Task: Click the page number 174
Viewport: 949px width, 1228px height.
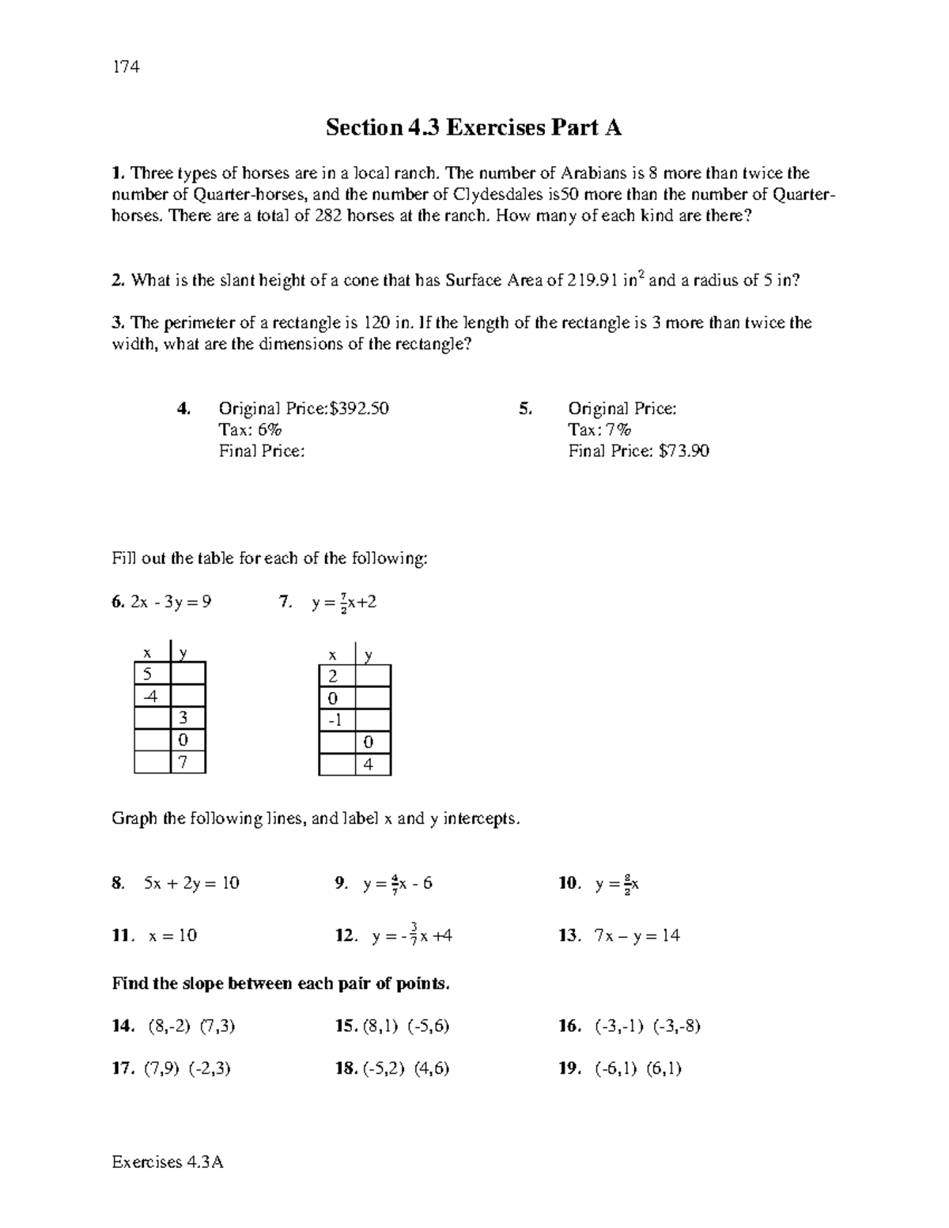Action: [126, 67]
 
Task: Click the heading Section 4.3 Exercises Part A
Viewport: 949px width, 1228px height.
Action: [474, 127]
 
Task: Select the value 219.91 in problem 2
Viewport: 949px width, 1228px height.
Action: [594, 281]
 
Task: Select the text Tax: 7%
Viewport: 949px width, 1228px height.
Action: [599, 430]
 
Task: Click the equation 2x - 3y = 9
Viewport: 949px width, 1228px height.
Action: [171, 603]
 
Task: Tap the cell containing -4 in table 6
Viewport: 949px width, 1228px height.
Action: [151, 696]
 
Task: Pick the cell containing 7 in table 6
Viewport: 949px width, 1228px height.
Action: [187, 762]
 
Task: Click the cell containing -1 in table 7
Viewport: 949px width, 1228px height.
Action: [336, 720]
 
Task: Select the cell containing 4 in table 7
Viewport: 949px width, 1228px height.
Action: [372, 765]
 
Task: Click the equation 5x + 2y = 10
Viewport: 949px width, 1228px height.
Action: [191, 883]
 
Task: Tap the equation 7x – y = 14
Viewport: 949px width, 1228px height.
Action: [637, 936]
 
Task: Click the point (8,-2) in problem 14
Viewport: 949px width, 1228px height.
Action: [168, 1026]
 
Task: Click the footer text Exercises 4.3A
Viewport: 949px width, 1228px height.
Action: [168, 1162]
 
